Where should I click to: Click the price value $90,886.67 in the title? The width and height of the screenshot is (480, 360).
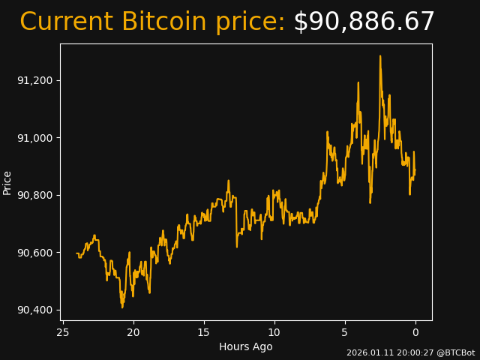coord(364,22)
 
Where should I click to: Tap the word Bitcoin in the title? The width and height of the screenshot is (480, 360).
coord(163,22)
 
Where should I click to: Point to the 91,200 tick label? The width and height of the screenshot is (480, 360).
coord(34,80)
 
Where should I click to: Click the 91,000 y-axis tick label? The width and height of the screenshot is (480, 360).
coord(34,138)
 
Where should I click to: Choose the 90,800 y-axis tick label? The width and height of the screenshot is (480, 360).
coord(34,195)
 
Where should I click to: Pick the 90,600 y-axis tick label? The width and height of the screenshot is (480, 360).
coord(34,253)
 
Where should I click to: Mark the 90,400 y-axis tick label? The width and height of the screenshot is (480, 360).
coord(34,310)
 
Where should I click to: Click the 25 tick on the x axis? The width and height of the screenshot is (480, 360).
coord(63,332)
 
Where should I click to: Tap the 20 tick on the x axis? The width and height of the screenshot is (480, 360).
coord(133,332)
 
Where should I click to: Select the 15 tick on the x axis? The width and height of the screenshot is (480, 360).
coord(203,332)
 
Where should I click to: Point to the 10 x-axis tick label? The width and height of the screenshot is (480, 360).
coord(274,332)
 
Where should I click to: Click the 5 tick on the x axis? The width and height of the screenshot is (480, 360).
coord(345,332)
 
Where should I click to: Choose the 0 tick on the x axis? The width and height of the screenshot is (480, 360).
coord(415,332)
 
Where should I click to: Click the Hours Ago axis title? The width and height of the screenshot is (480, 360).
coord(246,346)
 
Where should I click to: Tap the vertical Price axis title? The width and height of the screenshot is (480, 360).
coord(7,182)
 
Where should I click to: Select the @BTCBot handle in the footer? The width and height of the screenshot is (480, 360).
coord(456,352)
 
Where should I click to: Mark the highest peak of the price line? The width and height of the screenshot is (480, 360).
coord(380,55)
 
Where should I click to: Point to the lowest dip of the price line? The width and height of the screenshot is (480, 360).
coord(122,307)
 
